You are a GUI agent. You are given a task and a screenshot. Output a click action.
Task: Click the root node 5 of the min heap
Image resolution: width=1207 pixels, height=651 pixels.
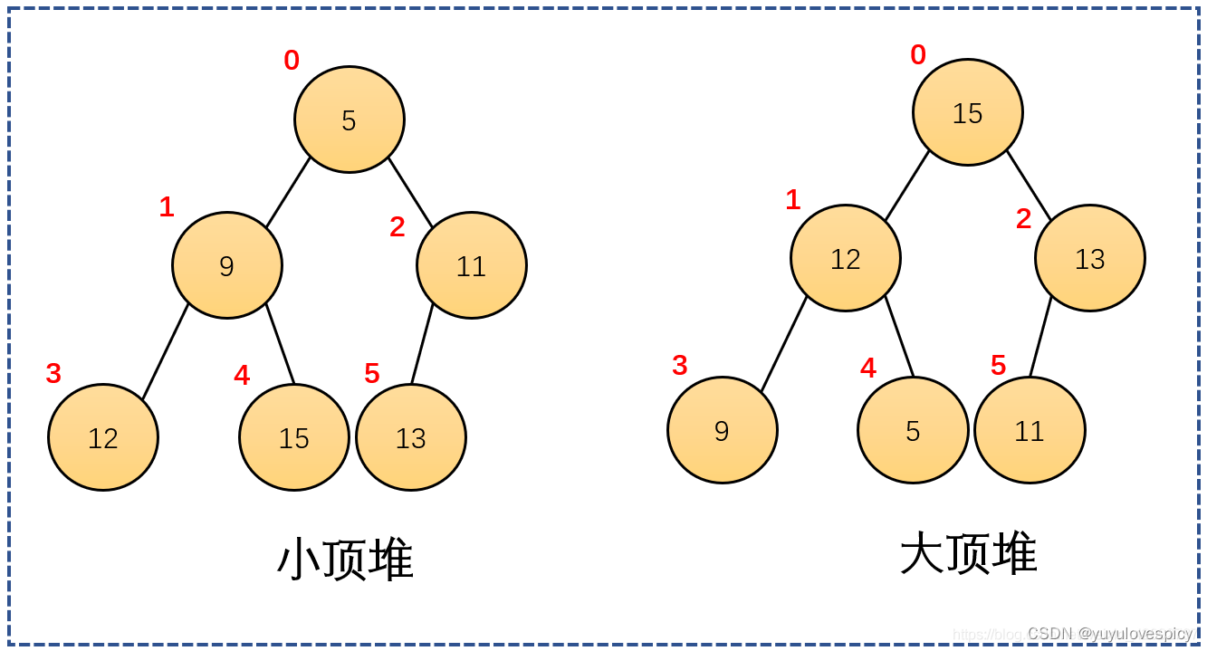coord(350,120)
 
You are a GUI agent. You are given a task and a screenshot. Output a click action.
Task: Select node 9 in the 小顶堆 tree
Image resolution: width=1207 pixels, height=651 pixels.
coord(227,265)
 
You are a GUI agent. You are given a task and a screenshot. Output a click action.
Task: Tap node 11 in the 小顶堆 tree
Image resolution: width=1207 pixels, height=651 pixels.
coord(472,265)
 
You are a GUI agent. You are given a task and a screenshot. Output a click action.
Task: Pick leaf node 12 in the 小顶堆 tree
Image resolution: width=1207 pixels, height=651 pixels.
coord(103,437)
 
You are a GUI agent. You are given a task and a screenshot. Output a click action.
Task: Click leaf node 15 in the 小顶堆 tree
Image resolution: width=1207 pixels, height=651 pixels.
coord(293,437)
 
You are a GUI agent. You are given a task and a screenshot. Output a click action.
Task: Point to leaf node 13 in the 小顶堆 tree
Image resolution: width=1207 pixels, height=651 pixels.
coord(411,437)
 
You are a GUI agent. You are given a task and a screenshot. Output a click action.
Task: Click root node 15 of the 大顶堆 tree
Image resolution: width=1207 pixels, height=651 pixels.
coord(968,112)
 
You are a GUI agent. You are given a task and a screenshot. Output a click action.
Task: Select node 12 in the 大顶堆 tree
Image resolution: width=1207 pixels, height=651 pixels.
coord(846,258)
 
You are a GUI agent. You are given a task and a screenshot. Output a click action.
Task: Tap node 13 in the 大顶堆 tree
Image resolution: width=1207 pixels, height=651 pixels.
coord(1090,258)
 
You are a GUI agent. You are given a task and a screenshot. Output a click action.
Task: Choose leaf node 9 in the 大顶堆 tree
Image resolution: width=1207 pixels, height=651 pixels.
coord(722,430)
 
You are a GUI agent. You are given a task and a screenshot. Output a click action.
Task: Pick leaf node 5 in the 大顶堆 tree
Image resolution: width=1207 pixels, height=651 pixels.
coord(913,430)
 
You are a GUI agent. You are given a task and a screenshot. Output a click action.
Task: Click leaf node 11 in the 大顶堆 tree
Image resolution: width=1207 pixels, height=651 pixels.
coord(1030,430)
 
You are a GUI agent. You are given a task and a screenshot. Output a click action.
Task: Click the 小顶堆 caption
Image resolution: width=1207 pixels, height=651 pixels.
coord(345,559)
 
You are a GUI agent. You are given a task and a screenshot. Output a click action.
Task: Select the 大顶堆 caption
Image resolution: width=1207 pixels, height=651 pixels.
coord(969,552)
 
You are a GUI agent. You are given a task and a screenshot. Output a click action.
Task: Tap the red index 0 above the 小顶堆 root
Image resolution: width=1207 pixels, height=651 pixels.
coord(292,60)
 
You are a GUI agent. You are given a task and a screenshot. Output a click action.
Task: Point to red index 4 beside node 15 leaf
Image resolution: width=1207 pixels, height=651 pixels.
coord(242,375)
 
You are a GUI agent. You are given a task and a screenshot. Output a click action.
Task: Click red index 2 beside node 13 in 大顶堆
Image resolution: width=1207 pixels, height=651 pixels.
coord(1024,219)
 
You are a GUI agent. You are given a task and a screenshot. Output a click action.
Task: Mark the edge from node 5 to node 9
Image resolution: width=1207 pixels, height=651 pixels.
coord(288,192)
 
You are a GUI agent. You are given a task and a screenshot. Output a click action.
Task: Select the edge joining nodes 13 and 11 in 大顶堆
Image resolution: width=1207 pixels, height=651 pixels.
coord(1040,336)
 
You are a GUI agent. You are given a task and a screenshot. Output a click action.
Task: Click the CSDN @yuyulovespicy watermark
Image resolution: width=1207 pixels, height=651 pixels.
coord(1110,633)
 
